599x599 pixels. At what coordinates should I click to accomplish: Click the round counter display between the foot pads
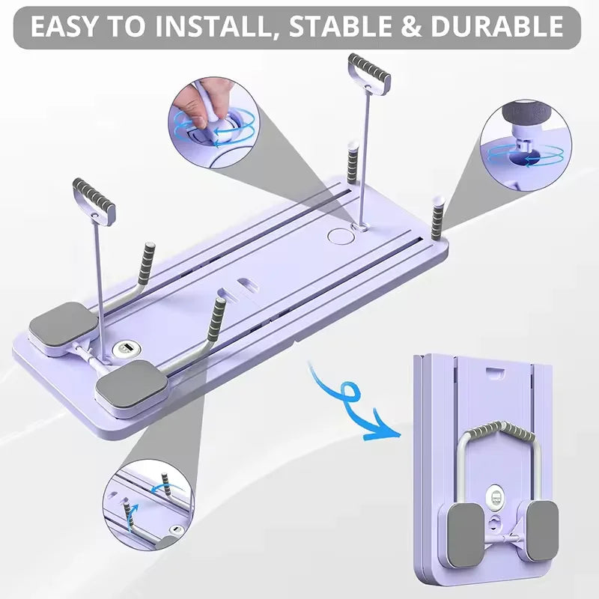[124, 350]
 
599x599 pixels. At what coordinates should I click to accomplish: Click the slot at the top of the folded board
[495, 371]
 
